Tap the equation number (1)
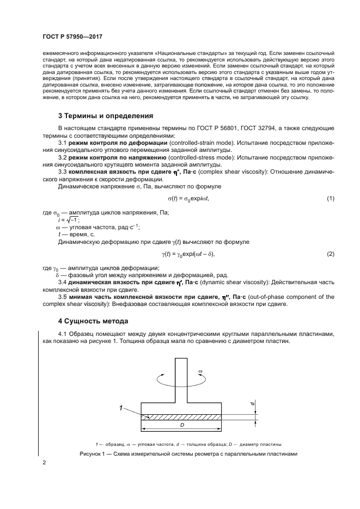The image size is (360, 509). point(330,199)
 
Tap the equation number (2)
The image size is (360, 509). point(330,254)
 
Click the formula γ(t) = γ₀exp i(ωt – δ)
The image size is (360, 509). point(188,254)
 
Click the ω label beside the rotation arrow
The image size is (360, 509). point(200,372)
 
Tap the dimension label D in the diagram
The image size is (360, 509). point(181,424)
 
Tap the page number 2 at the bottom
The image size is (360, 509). point(44,463)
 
